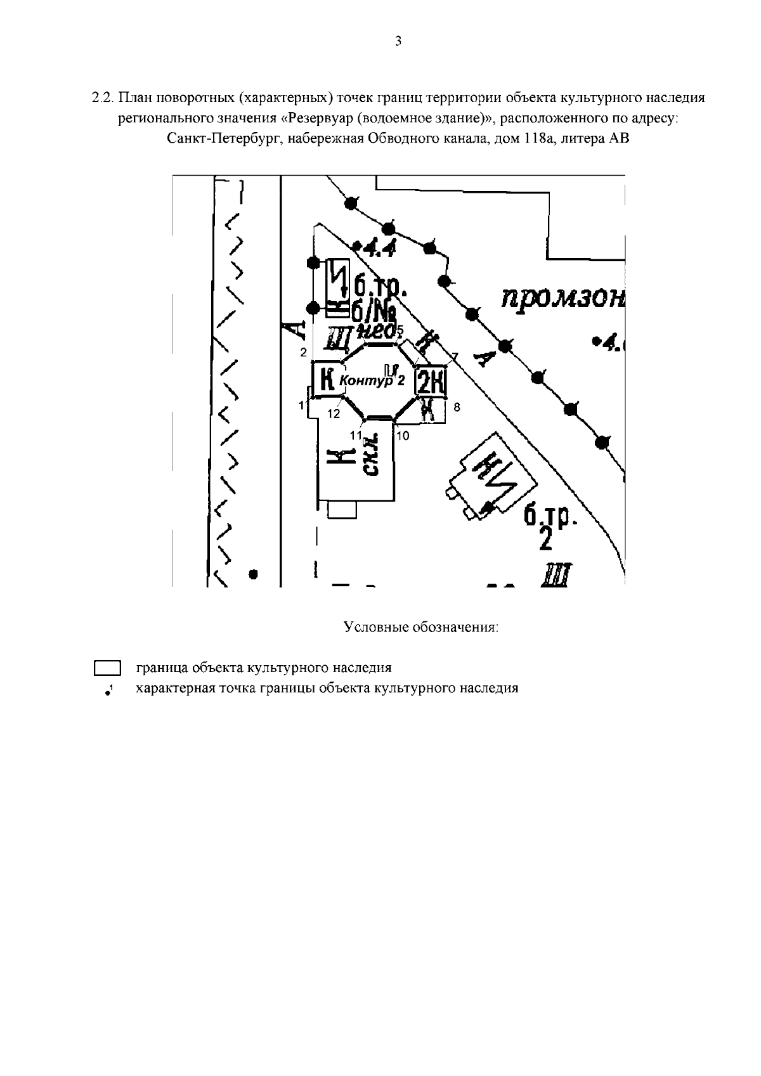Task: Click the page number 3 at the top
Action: [398, 42]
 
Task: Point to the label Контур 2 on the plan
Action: [372, 380]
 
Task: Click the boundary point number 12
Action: [334, 413]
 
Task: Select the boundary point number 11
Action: [356, 435]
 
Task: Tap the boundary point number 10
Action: [403, 436]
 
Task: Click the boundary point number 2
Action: [304, 352]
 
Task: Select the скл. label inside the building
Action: [372, 456]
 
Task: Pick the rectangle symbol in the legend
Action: [107, 668]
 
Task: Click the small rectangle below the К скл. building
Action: [342, 509]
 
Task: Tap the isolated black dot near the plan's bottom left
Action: [254, 574]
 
